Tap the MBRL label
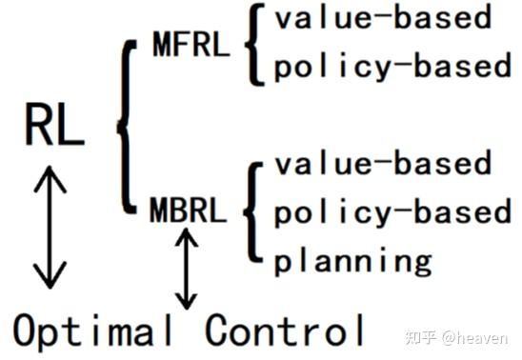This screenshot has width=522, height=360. click(x=189, y=210)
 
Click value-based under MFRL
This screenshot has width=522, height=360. click(x=383, y=19)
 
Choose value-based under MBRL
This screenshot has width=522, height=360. click(x=383, y=163)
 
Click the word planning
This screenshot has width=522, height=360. click(x=353, y=259)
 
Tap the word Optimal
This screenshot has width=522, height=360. click(x=93, y=330)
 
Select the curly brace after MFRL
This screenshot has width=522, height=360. click(x=251, y=43)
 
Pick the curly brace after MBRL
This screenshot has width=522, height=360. click(x=251, y=211)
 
